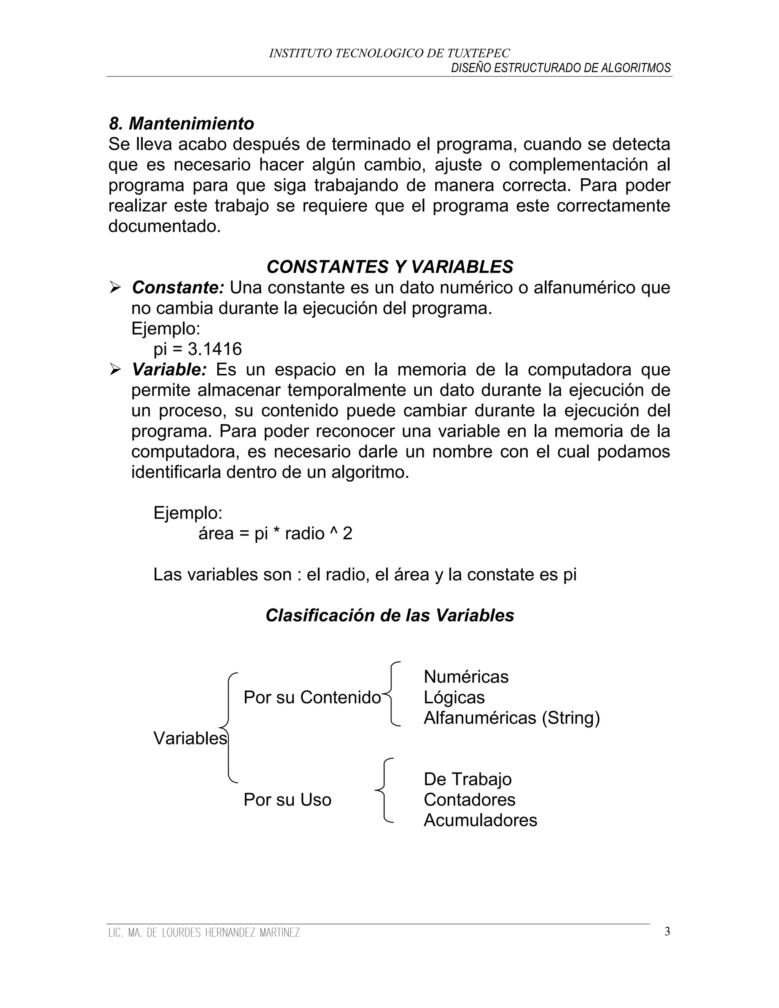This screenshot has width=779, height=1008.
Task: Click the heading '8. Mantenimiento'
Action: pos(181,124)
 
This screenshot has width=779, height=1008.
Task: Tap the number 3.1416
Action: pos(215,349)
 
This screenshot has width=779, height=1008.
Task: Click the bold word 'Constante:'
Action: pos(178,288)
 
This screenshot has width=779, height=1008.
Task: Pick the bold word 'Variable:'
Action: pos(169,370)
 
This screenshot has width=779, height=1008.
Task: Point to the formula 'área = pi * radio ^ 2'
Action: pos(275,534)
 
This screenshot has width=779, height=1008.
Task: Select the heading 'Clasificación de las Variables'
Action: pos(389,615)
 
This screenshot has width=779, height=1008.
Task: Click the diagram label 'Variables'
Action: pos(190,738)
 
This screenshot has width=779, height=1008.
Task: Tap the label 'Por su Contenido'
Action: pos(312,697)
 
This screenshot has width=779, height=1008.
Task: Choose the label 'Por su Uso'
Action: pos(287,800)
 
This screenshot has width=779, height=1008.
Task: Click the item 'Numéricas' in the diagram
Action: pos(466,677)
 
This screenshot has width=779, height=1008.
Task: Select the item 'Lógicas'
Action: pos(454,697)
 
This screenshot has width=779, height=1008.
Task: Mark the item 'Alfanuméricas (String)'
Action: pos(511,718)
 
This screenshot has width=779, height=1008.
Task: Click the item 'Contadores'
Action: pos(469,800)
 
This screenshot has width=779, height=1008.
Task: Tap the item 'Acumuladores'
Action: pos(480,820)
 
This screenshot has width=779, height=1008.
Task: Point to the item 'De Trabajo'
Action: pos(467,779)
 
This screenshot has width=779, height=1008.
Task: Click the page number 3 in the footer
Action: pos(667,932)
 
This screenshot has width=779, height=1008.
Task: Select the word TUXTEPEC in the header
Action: pos(478,54)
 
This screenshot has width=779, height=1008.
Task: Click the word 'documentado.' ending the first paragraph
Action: pos(164,226)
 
